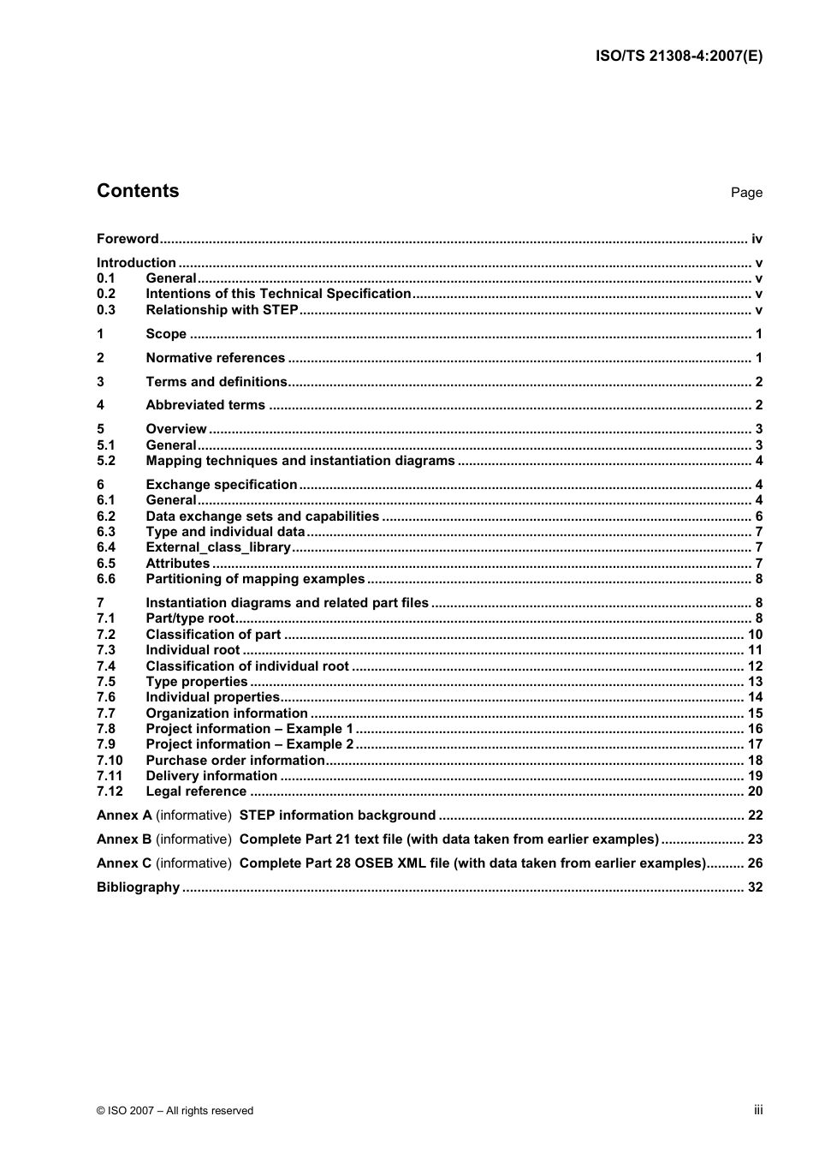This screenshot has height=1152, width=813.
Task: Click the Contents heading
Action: pos(138,191)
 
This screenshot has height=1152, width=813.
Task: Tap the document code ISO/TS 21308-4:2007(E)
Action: pos(679,57)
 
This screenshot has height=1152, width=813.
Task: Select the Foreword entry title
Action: pos(128,239)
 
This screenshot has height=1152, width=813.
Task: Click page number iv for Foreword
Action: pos(757,239)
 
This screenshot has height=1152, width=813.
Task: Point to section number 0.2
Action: pos(106,294)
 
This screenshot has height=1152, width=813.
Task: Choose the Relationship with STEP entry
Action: pos(222,310)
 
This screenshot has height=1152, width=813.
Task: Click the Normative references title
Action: pos(215,358)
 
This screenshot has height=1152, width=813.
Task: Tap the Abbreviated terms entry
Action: pos(205,405)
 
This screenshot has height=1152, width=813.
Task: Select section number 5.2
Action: pos(106,461)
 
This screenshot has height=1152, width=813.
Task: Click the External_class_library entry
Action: pos(218,547)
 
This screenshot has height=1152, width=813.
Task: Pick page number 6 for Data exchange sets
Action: pos(758,516)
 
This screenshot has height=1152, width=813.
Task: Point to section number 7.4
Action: pos(106,666)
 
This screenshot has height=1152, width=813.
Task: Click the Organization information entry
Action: pos(227,713)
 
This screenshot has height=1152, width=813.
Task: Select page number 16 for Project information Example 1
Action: pos(755,729)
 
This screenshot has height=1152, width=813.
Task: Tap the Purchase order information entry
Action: pos(235,761)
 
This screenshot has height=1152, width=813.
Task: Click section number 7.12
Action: pos(110,791)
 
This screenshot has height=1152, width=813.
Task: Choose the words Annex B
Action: pos(124,839)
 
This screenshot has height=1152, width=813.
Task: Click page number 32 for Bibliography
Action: pos(755,887)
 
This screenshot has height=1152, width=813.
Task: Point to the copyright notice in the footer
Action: pos(175,1111)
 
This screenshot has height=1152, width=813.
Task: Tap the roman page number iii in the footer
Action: pos(758,1110)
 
